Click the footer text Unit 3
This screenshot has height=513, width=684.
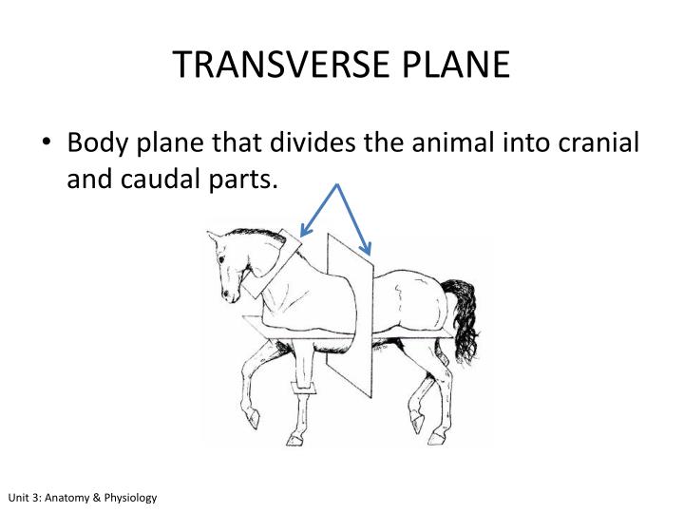(x=27, y=498)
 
